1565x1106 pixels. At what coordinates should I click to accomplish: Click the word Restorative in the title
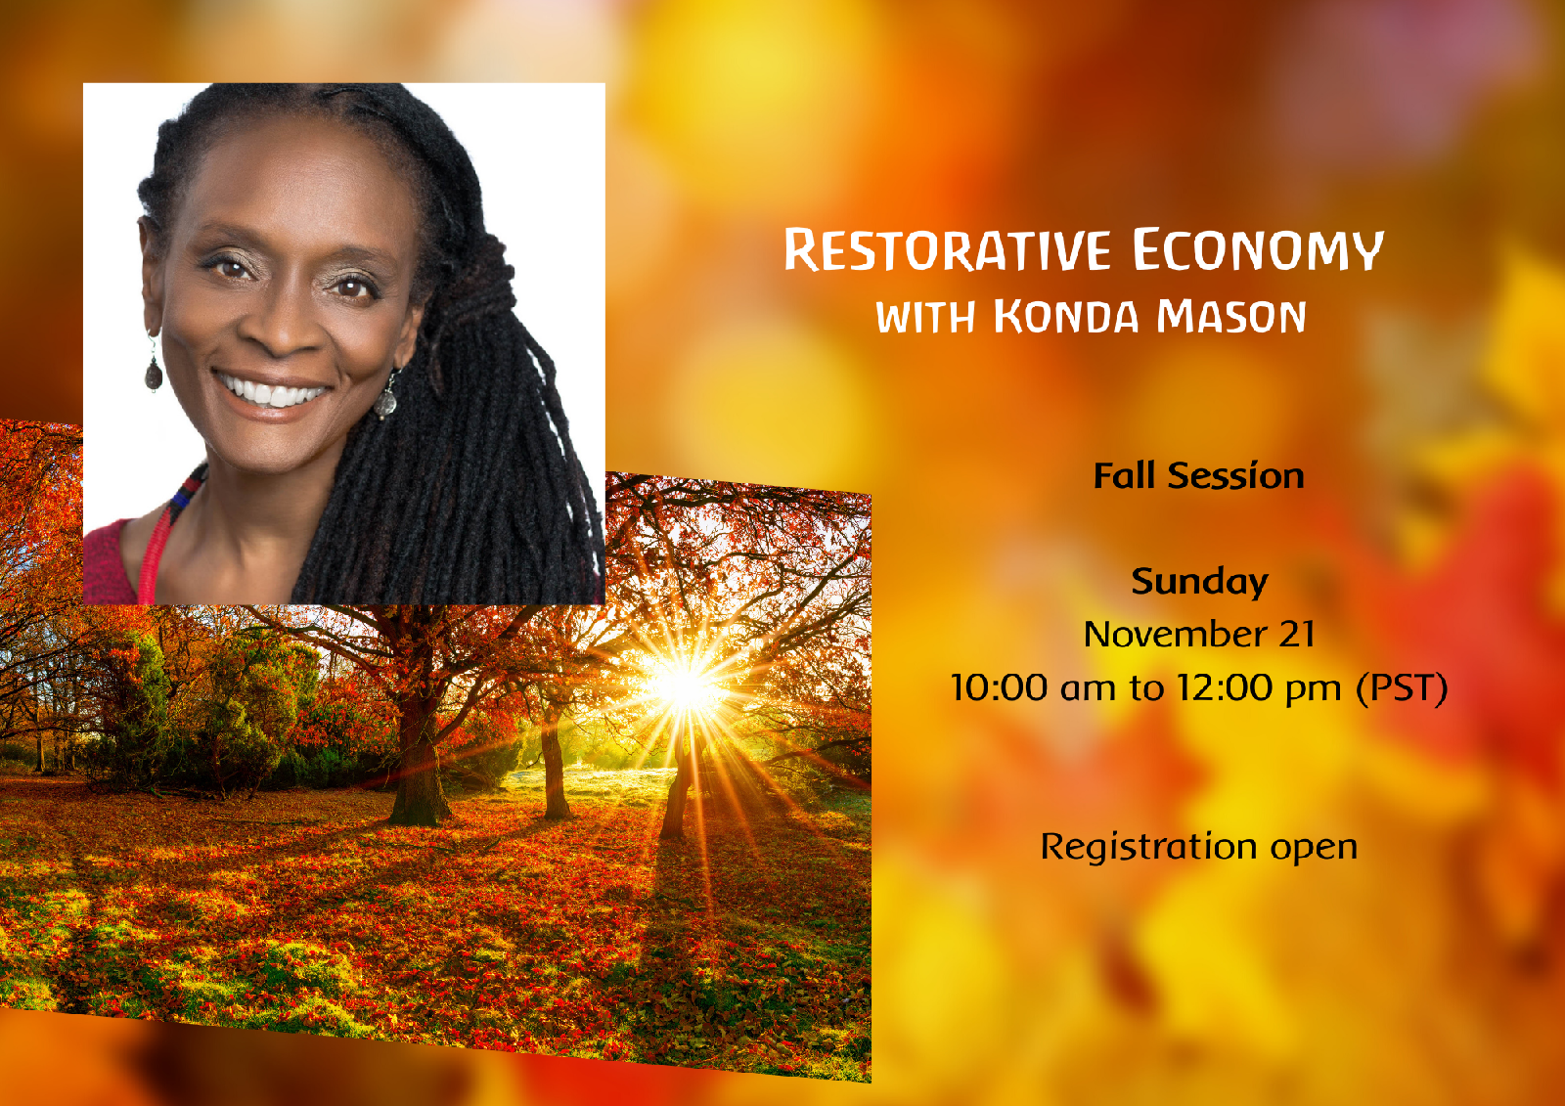(947, 249)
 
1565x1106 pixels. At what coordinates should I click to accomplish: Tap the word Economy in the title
(1258, 249)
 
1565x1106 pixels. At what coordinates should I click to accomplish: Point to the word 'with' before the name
(925, 317)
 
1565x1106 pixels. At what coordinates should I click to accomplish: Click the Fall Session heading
(1198, 476)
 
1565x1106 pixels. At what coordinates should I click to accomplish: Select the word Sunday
(1199, 582)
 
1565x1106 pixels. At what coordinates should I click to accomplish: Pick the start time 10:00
(1000, 687)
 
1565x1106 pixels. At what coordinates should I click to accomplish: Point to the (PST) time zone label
(1402, 687)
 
